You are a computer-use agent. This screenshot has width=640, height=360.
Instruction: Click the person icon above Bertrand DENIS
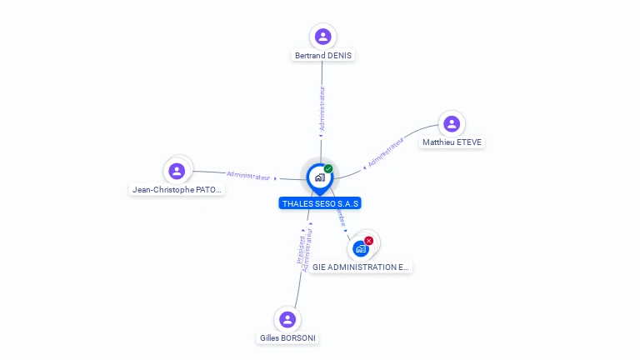coord(323,37)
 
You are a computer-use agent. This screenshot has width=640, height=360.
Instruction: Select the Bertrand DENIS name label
coord(323,56)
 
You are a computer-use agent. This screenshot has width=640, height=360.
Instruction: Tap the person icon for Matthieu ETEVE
coord(452,124)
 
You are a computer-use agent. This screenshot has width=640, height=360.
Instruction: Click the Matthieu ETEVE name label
coord(452,142)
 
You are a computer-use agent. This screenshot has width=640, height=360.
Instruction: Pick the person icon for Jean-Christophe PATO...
coord(177,172)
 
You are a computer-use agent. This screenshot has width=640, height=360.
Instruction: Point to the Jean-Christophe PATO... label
coord(177,190)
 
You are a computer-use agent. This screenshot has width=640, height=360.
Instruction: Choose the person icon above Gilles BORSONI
coord(287,319)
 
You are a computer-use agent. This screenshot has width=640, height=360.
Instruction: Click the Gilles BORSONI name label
coord(288,338)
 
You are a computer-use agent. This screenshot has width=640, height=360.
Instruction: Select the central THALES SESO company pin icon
coord(319,177)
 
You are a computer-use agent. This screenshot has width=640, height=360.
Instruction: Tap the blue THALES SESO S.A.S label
coord(320,203)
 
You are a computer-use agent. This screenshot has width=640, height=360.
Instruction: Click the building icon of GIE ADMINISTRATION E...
coord(361,248)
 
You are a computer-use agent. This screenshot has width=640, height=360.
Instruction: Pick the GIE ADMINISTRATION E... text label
coord(361,267)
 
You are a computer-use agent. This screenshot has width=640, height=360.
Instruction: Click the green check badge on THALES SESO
coord(328,168)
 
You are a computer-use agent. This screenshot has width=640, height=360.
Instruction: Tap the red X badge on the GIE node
coord(369,240)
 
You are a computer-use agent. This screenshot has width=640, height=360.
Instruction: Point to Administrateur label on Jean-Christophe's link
coord(248,176)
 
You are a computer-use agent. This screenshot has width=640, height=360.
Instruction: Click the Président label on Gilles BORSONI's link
coord(301,248)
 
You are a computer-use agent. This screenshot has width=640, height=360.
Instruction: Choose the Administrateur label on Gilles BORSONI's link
coord(308,252)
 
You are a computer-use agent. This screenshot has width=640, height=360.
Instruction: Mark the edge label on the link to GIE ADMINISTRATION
coord(340,218)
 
